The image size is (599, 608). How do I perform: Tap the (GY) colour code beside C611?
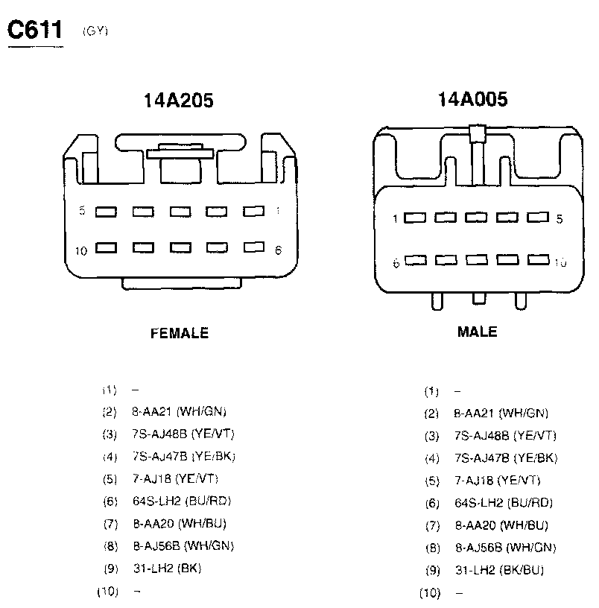96,31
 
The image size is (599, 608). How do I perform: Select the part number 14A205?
179,101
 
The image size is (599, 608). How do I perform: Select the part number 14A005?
473,99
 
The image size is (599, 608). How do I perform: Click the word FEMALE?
180,333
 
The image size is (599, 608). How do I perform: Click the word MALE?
477,332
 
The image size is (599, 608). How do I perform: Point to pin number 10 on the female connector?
81,250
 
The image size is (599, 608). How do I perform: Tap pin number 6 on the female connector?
278,250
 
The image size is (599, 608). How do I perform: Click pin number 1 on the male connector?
397,219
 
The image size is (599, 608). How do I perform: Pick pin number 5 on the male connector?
560,219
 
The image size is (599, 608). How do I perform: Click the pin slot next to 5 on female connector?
106,212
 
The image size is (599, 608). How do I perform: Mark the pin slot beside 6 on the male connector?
415,261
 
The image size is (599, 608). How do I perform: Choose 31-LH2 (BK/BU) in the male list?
498,571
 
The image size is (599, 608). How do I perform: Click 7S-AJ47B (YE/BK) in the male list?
505,458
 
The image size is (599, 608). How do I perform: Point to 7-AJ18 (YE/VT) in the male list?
497,481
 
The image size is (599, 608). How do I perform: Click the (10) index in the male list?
431,593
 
